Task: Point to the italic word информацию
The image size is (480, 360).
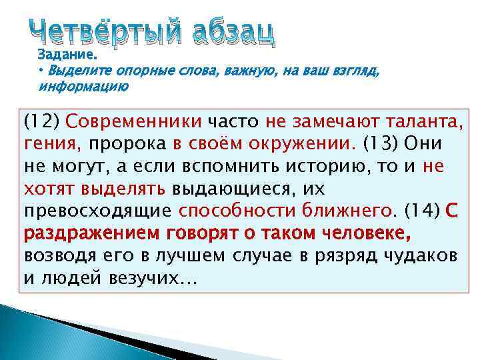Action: (x=83, y=87)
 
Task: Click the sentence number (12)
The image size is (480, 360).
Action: (x=41, y=123)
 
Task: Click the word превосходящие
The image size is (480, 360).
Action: (x=98, y=211)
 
